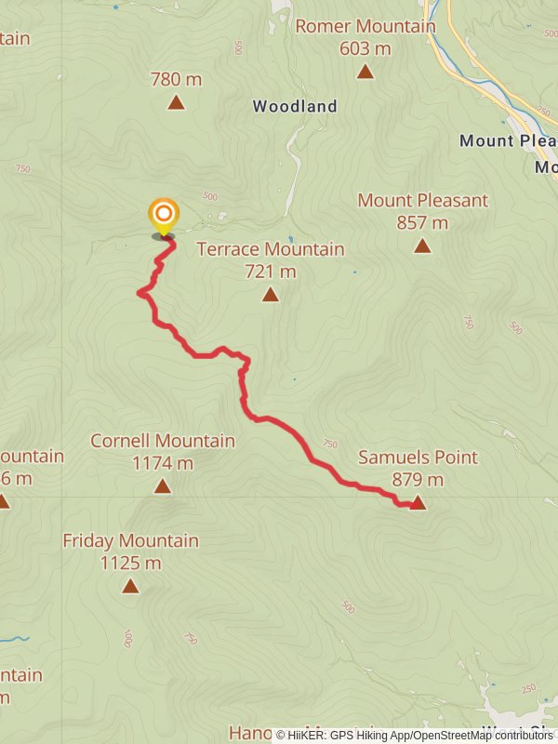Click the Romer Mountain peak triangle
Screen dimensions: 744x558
pos(365,72)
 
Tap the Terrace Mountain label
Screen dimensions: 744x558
pos(271,249)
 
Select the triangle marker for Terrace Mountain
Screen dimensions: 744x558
pos(270,295)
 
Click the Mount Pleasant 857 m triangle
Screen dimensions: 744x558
pos(422,246)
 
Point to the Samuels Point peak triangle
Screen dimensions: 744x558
pos(418,503)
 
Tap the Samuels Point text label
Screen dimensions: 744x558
pos(418,458)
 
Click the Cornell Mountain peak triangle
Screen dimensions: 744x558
pos(163,486)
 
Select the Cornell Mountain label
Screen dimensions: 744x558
pos(163,441)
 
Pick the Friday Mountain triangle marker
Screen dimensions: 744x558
pos(130,586)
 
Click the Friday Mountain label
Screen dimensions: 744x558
pos(130,540)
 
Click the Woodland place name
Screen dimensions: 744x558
pos(295,107)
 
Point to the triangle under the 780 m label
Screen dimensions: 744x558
pos(176,102)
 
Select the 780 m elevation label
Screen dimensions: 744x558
pos(177,80)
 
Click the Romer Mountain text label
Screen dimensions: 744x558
pos(365,26)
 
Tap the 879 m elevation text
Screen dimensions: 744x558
pos(418,480)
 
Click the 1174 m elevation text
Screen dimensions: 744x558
pos(163,463)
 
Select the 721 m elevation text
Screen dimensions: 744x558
pos(271,272)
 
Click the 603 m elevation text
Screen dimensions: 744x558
pos(365,48)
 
